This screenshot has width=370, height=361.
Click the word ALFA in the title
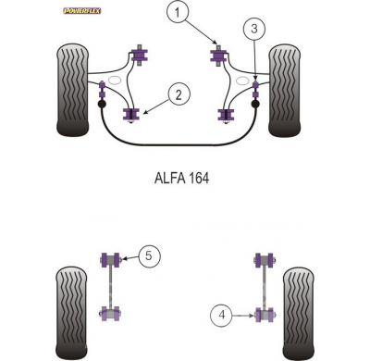pos(165,177)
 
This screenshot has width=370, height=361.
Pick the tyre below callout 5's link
pos(74,310)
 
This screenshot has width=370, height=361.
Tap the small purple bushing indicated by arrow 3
pos(255,87)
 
